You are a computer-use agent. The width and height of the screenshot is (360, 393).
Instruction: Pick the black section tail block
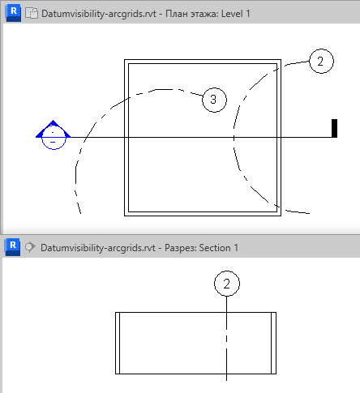[334, 128]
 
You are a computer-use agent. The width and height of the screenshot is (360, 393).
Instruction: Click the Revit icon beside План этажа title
[14, 13]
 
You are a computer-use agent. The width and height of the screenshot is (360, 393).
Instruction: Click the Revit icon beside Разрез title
[13, 247]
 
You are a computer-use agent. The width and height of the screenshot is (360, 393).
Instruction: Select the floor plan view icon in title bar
[32, 13]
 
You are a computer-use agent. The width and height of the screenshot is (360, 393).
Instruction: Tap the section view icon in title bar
[30, 247]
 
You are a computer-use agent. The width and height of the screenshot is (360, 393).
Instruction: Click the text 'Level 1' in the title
[235, 14]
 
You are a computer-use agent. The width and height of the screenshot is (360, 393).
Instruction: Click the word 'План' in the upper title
[177, 14]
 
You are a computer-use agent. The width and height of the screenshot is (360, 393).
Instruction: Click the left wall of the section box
[118, 343]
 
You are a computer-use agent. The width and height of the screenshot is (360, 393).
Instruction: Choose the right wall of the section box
[273, 343]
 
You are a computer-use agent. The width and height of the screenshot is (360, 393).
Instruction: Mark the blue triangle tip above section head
[53, 121]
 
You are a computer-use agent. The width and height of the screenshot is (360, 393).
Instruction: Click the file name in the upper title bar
[99, 14]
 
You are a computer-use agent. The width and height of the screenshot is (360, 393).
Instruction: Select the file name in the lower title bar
[98, 248]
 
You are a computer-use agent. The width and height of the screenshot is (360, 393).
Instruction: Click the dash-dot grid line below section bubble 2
[226, 339]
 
